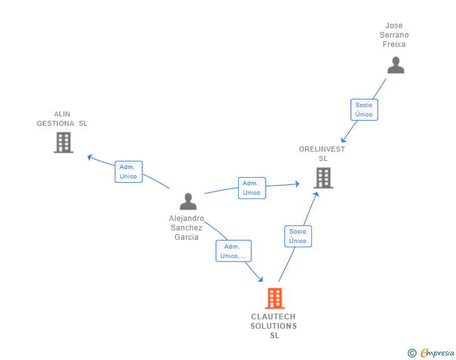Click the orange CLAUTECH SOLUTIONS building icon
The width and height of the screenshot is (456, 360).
coord(274,299)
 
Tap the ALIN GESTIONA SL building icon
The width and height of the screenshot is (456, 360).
coord(63,143)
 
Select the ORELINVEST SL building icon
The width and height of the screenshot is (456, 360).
coord(323,178)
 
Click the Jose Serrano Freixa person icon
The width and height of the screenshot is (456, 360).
coord(395,65)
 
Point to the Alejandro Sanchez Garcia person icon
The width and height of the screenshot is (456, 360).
coord(188,202)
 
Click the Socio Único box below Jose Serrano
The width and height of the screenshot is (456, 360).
coord(364,110)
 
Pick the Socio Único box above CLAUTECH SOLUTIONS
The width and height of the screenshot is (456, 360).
coord(298,236)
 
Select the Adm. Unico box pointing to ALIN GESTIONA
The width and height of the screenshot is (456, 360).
coord(128,172)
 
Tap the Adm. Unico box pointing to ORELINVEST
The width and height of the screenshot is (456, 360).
coord(252,188)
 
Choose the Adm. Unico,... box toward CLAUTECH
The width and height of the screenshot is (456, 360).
coord(234,251)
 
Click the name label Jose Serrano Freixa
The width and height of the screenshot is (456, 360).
coord(395,35)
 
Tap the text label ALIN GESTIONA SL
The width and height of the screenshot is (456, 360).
coord(62,119)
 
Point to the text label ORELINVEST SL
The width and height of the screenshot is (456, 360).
coord(323,153)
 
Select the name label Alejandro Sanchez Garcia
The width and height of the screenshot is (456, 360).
coord(187,228)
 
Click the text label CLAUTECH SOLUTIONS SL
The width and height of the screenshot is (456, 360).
coord(274,326)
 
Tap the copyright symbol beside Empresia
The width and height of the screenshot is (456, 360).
coord(412,353)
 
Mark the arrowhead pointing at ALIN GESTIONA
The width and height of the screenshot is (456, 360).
coord(90,157)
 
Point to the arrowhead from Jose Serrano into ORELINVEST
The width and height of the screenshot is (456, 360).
coord(343,139)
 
